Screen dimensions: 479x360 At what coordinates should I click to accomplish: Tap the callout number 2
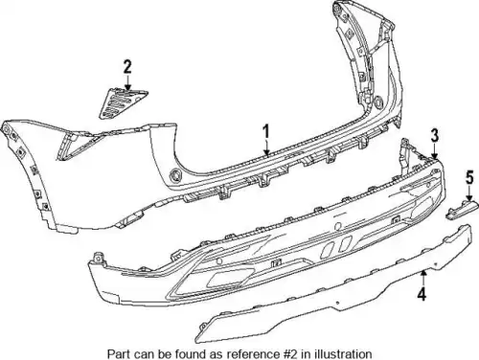127,67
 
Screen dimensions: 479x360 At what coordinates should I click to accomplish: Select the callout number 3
434,135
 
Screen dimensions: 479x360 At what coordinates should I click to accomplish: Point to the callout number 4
422,294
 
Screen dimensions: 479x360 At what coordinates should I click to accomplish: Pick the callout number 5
469,177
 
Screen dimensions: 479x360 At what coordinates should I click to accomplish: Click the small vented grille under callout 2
123,103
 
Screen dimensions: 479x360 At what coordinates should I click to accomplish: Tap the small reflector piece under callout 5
462,211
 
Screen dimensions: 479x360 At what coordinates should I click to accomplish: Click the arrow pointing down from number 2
127,82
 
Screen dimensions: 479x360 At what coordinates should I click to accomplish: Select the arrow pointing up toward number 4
423,278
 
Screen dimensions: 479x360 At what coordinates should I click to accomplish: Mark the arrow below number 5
469,193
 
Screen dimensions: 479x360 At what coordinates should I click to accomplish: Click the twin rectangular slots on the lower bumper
336,246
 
